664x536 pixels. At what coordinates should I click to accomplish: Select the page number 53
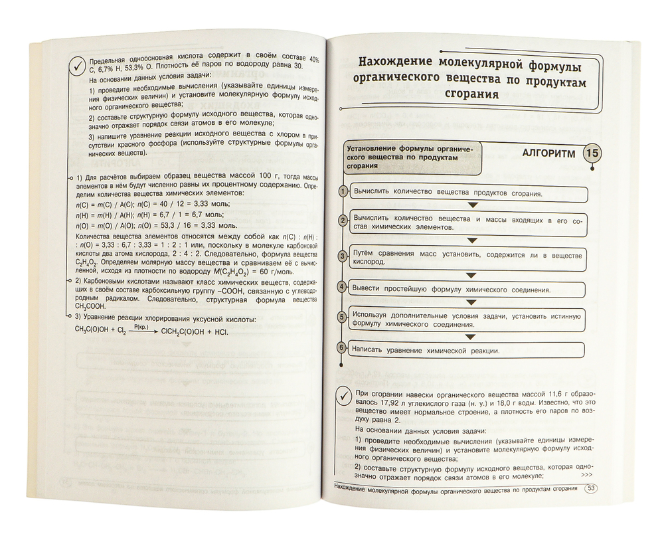590,490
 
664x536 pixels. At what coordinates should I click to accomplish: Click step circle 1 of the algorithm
343,192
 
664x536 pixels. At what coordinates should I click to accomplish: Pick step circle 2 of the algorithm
343,221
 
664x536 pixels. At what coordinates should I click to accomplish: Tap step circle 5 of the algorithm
343,317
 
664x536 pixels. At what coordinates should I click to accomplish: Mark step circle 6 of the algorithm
343,347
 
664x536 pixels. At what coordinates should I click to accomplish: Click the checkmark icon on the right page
345,394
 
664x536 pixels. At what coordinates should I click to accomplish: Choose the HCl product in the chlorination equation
218,332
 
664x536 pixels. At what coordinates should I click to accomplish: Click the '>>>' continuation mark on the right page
586,475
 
